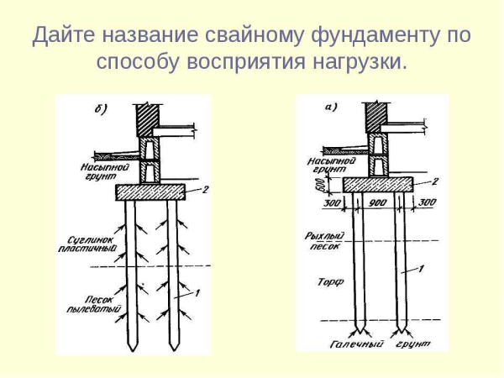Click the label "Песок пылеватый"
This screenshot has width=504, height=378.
[x=86, y=303]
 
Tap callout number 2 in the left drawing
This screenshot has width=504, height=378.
[x=204, y=189]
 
